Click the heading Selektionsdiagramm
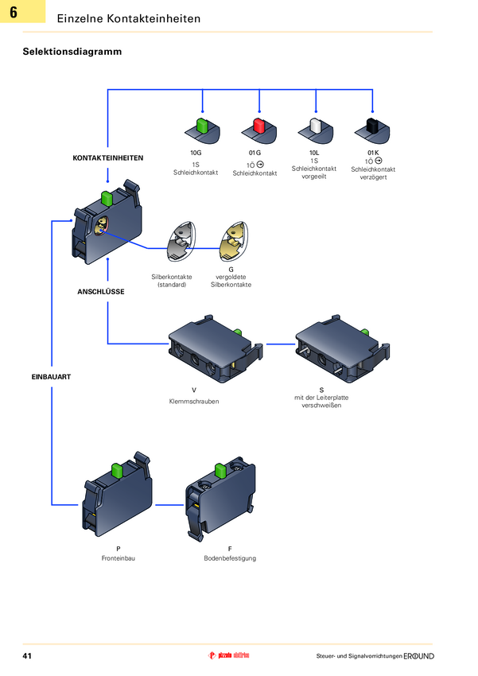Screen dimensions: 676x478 click(72, 52)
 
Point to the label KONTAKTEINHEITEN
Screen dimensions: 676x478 click(108, 158)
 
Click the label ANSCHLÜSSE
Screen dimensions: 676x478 click(101, 292)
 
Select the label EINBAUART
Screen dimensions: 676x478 click(52, 376)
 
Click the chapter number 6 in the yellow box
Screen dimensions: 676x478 click(14, 13)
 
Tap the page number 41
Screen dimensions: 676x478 click(27, 656)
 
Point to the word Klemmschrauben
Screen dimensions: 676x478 click(194, 402)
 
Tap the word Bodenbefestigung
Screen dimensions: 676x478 click(230, 558)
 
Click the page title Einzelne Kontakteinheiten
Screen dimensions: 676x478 click(129, 18)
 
